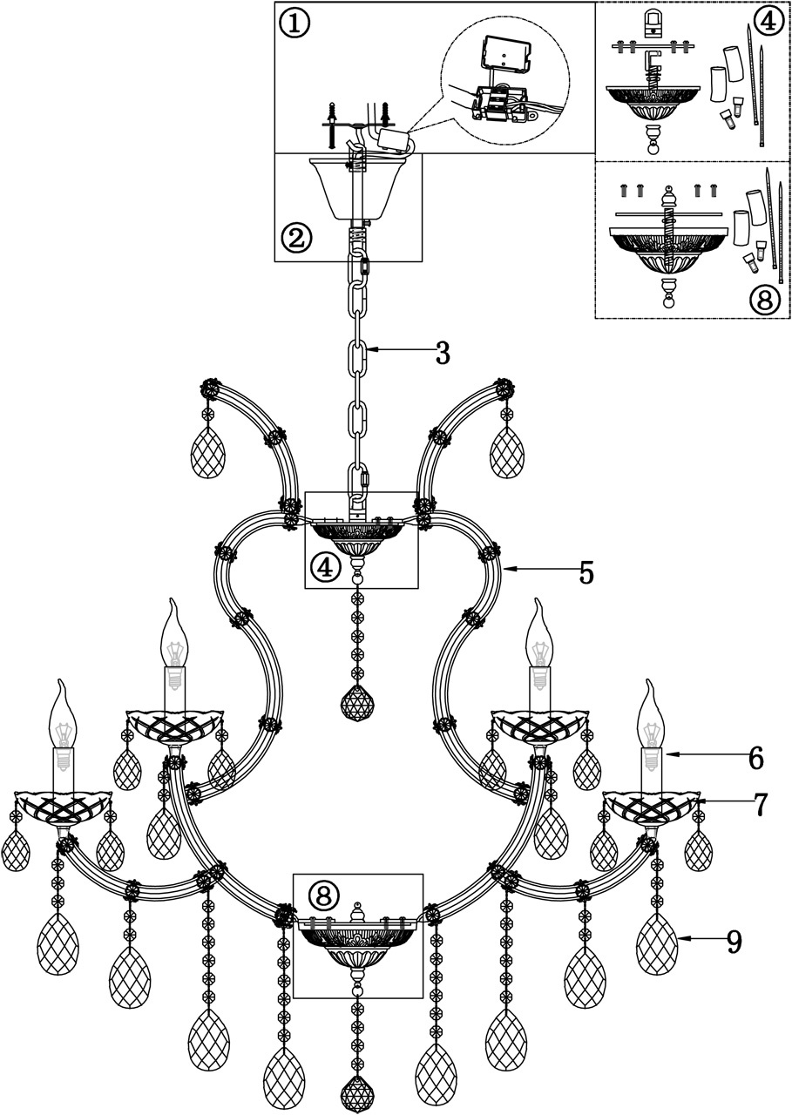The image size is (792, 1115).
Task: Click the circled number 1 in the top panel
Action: pos(294,24)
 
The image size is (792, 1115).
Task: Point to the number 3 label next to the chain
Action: pos(442,353)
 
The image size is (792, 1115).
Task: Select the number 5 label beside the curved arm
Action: pos(586,573)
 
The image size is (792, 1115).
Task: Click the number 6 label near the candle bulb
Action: pos(755,759)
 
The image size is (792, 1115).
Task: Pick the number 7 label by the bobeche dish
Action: pos(760,805)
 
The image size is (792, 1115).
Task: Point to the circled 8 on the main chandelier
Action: pos(323,895)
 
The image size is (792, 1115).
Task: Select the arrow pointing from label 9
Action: pos(700,938)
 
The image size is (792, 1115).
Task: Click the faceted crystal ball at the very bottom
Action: pos(357,1096)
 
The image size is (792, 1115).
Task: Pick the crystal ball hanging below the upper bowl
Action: pos(356,704)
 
